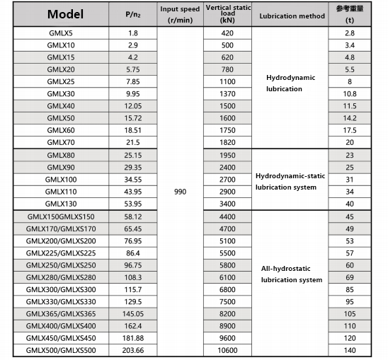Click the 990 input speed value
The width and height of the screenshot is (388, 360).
pyautogui.click(x=179, y=192)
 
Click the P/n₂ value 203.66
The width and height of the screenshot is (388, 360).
pyautogui.click(x=132, y=349)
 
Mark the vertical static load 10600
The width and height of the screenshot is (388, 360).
pyautogui.click(x=227, y=349)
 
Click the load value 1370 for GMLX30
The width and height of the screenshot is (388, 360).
pyautogui.click(x=227, y=93)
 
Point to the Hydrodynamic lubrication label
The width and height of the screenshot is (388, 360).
pyautogui.click(x=290, y=83)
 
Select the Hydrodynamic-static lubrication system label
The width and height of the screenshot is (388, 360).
pyautogui.click(x=290, y=181)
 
